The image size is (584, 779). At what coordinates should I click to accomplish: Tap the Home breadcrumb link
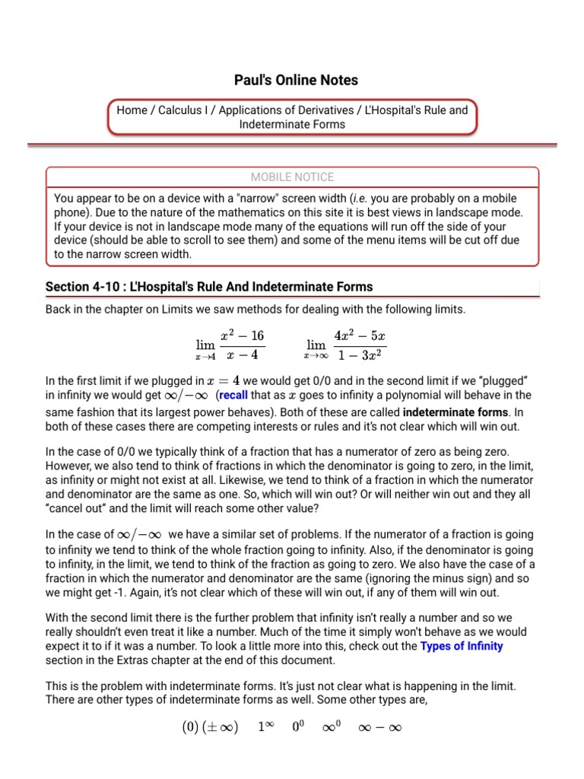pos(132,110)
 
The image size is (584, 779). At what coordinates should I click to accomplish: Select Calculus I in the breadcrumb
pos(185,110)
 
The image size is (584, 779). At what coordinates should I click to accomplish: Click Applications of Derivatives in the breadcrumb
pos(288,110)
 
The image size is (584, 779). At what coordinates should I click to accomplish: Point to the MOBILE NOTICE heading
pos(293,177)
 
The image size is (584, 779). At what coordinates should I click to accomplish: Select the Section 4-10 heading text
pos(209,287)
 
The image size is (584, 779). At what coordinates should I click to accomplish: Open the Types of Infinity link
pos(462,646)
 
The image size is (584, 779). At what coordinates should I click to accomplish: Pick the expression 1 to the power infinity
pos(265,727)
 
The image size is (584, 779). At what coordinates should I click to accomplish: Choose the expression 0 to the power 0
pos(299,727)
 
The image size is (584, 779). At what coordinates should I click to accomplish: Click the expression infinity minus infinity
pos(381,727)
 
